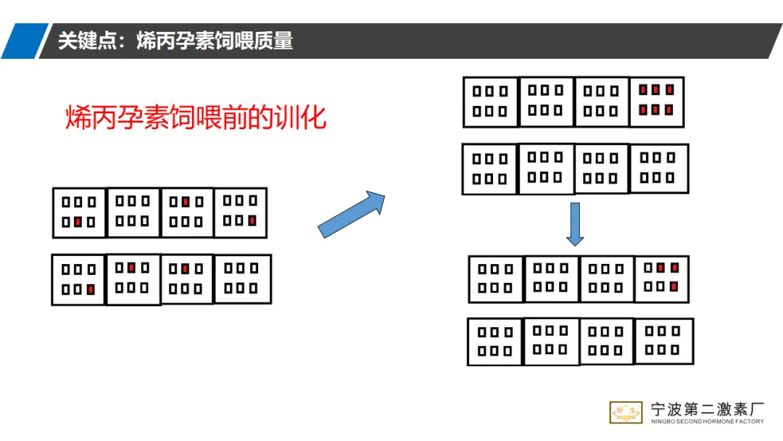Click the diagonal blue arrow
351,214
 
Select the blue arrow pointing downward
575,223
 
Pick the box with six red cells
656,102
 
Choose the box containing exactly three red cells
661,279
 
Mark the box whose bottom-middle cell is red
80,213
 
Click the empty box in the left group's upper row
133,212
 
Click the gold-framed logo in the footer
626,412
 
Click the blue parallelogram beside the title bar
23,41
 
